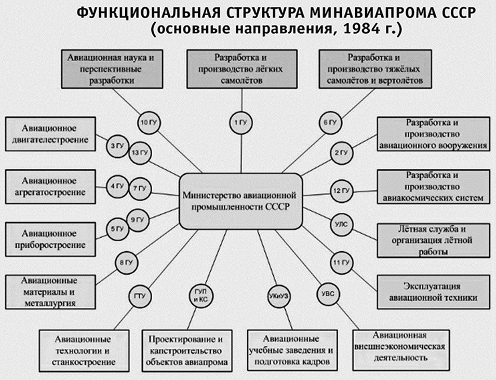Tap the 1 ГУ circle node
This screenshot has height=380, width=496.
240,123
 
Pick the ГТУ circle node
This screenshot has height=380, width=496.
139,296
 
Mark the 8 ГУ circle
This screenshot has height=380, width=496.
126,262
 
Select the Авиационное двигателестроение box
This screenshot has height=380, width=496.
50,134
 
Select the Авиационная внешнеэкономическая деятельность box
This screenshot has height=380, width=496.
399,346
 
